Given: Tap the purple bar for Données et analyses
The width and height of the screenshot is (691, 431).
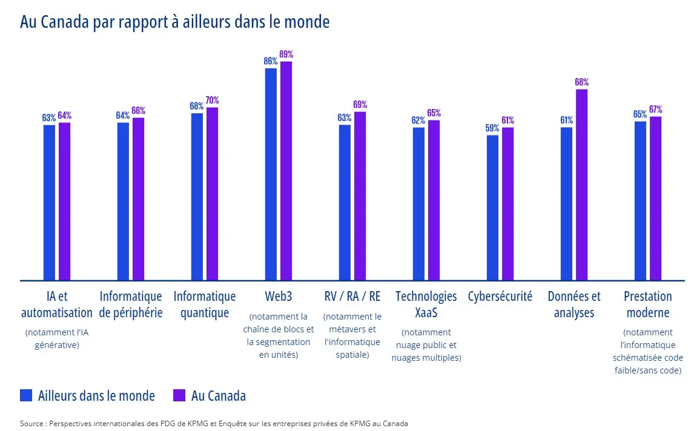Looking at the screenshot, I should [581, 185].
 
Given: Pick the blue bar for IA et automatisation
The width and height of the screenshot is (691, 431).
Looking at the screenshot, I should [49, 203].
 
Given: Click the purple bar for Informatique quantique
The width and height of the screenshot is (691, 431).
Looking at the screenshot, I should [212, 194].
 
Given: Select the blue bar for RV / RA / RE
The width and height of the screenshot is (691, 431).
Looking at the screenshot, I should [345, 203].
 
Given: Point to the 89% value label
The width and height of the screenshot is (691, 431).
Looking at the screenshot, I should [286, 54].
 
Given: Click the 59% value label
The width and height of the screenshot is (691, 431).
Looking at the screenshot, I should [492, 128].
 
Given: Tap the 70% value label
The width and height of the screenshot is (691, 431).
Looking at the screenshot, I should [212, 100].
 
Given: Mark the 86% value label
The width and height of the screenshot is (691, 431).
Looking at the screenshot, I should [270, 61].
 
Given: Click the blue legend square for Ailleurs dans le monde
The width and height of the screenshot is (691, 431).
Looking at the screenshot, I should [26, 395].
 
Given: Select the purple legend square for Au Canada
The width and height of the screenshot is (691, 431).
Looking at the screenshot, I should [179, 395].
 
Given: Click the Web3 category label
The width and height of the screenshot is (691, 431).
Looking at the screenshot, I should [278, 297].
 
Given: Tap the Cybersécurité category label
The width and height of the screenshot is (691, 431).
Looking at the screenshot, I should [500, 297].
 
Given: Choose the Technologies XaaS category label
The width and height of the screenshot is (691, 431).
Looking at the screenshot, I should [426, 304].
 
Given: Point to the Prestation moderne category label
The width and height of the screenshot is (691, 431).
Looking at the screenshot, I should [647, 304].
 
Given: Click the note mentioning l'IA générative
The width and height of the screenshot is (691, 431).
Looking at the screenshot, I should [52, 338].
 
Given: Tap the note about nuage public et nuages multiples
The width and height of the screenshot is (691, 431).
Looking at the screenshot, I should [426, 345].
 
